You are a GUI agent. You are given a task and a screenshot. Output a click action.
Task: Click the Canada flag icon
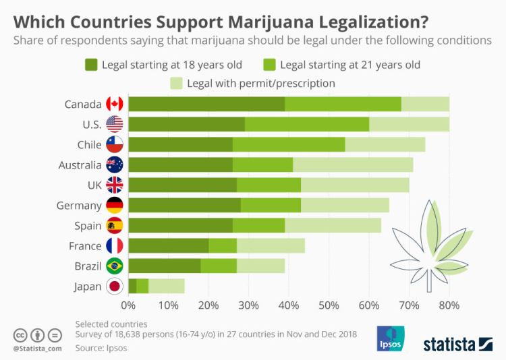point(115,104)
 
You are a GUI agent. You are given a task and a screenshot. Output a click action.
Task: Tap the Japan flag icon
point(115,287)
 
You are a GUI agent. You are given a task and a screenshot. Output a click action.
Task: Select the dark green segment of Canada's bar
point(206,104)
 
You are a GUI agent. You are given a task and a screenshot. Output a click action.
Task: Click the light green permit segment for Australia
point(353,164)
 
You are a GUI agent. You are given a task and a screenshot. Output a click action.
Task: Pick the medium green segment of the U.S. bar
point(307,124)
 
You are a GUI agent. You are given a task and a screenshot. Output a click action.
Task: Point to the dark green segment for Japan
point(132,287)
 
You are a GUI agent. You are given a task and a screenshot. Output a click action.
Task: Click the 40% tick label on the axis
point(289,305)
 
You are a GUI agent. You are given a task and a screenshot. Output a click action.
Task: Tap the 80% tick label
point(449,305)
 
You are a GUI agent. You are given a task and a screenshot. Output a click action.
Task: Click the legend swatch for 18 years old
point(92,65)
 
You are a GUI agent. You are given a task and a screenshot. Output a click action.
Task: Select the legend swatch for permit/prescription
point(177,84)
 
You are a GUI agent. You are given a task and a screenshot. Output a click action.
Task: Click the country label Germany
point(80,206)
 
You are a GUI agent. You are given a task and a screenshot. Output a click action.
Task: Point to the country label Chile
point(90,144)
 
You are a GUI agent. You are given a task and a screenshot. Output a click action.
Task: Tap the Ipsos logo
point(391,339)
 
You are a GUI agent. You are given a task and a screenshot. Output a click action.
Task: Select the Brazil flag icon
point(115,266)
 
